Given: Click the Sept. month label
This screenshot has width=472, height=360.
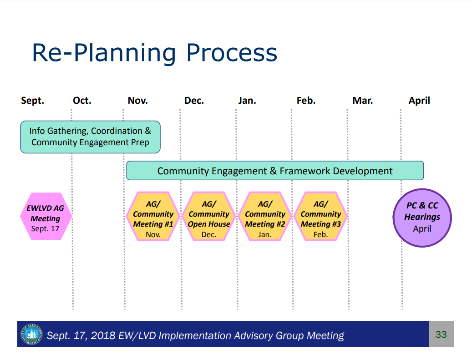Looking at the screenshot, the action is point(32,101).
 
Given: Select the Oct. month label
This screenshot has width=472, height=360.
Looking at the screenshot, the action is point(82,101).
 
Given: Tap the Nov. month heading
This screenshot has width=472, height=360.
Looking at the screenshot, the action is point(137,101).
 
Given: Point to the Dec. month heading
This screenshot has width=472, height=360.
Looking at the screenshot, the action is point(194,101).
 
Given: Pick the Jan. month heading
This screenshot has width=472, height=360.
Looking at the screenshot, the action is point(247,101).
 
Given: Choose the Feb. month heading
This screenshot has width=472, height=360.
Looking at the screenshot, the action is point(306,101).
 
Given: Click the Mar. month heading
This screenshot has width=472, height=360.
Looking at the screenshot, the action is point(362,101).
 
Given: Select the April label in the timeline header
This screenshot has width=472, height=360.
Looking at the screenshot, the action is point(419,101).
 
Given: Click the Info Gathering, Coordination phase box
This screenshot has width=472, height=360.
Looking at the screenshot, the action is point(90,137).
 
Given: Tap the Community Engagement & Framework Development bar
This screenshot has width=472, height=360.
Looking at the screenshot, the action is point(275,171).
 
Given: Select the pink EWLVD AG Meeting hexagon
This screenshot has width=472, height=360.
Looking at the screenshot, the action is point(46,216).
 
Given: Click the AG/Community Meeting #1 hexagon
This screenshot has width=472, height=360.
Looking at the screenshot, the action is point(153,216).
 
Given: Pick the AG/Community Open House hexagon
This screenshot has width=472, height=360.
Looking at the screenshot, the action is point(209,216).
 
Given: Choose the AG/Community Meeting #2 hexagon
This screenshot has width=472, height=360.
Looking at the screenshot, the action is point(265,216).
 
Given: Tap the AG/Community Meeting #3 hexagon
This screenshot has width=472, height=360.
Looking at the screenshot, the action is point(321,216).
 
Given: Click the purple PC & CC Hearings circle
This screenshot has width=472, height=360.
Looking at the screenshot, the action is point(422,218).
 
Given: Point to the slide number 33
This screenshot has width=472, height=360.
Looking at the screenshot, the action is point(441,335).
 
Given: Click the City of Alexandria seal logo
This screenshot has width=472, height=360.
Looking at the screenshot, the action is point(31,335).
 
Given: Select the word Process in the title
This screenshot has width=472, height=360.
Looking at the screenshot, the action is point(232,53).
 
